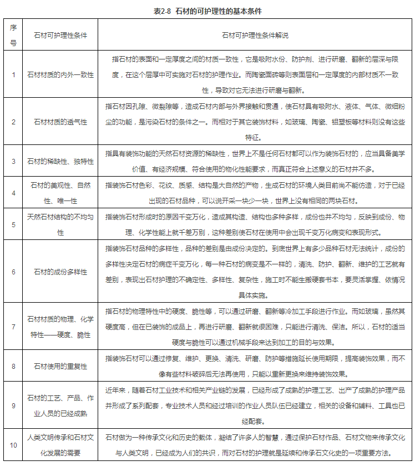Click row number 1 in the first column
coord(13,74)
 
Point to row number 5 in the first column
coord(13,224)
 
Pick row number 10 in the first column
coord(13,445)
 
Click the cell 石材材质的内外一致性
coord(61,74)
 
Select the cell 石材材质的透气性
coord(61,121)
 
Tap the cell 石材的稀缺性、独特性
coord(61,161)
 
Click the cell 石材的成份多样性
coord(61,272)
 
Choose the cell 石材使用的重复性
coord(61,366)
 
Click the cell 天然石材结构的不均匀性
coord(61,224)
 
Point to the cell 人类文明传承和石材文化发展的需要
coord(61,445)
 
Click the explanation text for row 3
coord(255,161)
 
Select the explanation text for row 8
coord(255,366)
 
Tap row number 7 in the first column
coord(13,327)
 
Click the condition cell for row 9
coord(61,405)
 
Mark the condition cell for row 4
coord(61,193)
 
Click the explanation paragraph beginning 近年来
coord(255,405)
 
